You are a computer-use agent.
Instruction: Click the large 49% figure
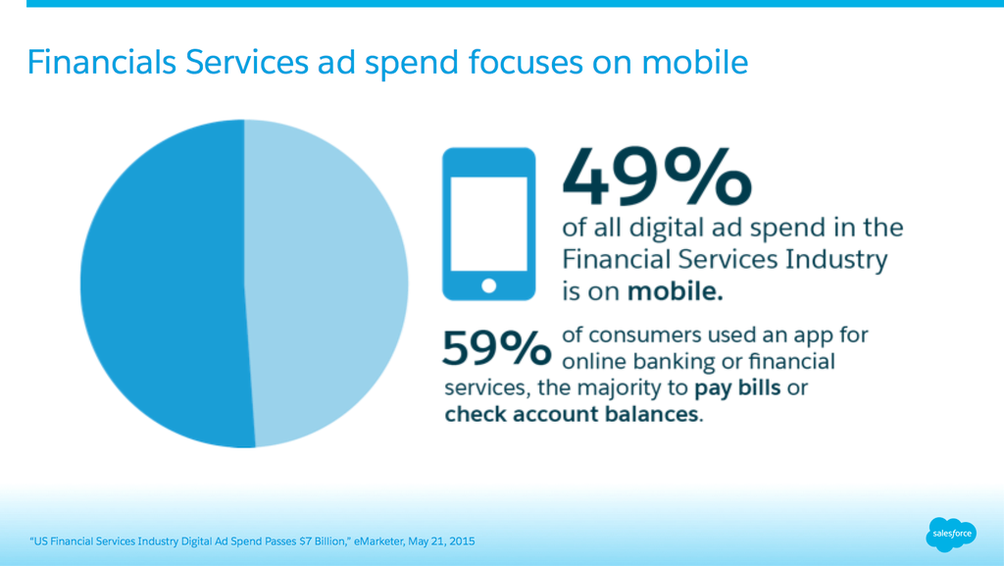(656, 176)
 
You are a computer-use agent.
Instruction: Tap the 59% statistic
(496, 348)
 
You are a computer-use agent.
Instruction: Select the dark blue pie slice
(167, 283)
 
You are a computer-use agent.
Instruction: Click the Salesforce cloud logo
(951, 534)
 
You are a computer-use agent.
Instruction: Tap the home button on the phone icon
(488, 285)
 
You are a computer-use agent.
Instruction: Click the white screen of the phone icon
(488, 224)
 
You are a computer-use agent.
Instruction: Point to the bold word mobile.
(675, 291)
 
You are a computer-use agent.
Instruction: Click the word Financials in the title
(102, 62)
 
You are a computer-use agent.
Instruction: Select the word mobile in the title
(695, 62)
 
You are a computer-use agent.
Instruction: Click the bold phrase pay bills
(737, 388)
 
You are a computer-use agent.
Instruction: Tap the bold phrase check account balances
(572, 414)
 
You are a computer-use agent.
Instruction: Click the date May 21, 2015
(442, 541)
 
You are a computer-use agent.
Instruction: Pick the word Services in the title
(247, 62)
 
